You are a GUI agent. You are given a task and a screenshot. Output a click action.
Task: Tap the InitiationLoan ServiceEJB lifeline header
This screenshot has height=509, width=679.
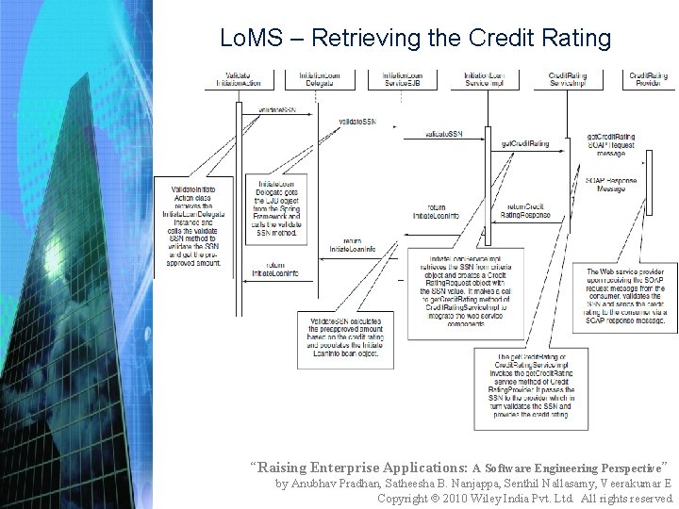(405, 79)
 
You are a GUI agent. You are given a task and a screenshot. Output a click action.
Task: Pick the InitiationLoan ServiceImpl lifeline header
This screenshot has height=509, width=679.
(487, 79)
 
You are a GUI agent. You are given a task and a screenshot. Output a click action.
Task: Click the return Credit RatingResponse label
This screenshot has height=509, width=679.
(528, 211)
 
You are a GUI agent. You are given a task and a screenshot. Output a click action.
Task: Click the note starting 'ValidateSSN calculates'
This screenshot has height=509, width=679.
(342, 336)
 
